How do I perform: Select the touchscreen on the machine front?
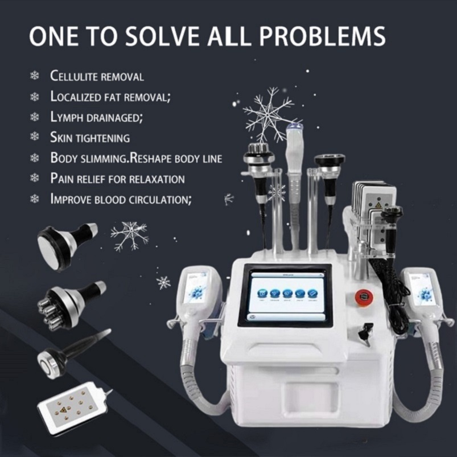tap(285, 294)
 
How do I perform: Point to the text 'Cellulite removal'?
tap(97, 76)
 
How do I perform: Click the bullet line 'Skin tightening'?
tap(90, 138)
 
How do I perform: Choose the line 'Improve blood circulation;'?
tap(121, 199)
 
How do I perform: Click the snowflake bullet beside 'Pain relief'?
tap(35, 179)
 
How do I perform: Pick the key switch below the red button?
tap(367, 331)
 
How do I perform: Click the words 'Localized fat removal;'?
tap(110, 97)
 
